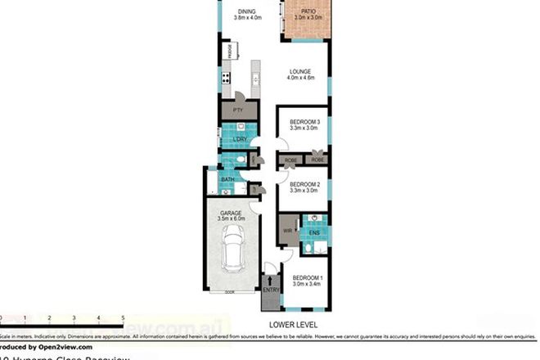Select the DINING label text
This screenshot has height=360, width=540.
[x=245, y=11]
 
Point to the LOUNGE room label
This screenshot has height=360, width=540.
[x=301, y=72]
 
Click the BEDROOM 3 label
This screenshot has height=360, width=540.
[x=304, y=122]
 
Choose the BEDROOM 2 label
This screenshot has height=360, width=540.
[x=304, y=184]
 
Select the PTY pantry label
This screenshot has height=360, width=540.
[x=238, y=109]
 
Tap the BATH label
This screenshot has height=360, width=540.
[x=227, y=179]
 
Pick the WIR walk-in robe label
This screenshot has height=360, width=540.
[x=287, y=232]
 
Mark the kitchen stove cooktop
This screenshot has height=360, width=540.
[x=226, y=80]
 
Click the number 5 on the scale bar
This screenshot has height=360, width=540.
[x=123, y=316]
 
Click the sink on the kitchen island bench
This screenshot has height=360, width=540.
[x=255, y=79]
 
